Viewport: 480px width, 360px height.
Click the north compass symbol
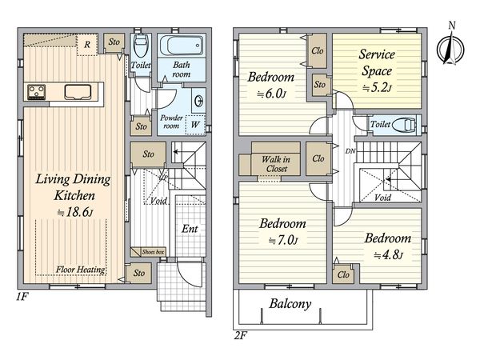click(x=450, y=46)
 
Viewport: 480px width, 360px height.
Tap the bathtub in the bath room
click(x=182, y=46)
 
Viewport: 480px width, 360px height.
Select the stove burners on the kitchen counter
click(x=37, y=92)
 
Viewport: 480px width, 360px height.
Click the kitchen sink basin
click(x=78, y=92)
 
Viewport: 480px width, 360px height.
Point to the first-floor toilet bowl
click(x=141, y=46)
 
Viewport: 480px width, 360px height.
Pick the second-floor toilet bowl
click(x=404, y=125)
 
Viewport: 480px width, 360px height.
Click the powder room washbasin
click(x=199, y=101)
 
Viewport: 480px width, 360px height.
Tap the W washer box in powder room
click(x=195, y=125)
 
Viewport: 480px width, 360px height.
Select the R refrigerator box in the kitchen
click(x=87, y=45)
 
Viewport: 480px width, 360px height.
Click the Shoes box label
click(x=153, y=252)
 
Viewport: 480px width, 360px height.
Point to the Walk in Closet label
click(x=276, y=164)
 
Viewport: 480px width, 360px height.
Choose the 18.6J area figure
click(x=75, y=212)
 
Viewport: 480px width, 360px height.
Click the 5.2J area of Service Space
click(x=377, y=88)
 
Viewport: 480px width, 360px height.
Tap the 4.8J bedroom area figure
click(x=388, y=254)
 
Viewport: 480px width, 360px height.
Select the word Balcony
click(x=290, y=304)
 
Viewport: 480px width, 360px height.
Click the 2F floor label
click(x=241, y=336)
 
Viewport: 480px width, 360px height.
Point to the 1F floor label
click(x=22, y=297)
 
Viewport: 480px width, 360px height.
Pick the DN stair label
click(x=350, y=151)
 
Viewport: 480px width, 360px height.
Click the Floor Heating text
click(x=81, y=270)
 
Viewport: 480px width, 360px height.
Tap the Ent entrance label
click(x=190, y=228)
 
